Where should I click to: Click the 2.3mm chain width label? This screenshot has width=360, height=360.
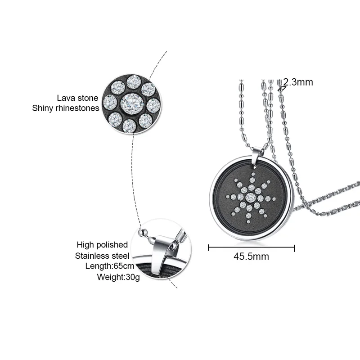click(298, 82)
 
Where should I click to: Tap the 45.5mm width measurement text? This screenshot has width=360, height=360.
click(251, 257)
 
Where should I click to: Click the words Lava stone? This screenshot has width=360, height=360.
click(78, 98)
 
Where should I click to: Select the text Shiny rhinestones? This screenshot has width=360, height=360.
click(66, 108)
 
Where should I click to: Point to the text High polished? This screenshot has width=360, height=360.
click(102, 245)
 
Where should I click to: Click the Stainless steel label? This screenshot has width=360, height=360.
click(101, 256)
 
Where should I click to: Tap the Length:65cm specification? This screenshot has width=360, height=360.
click(107, 266)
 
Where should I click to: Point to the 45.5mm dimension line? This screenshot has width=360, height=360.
click(251, 247)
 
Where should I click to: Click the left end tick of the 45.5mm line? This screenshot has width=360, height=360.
click(209, 247)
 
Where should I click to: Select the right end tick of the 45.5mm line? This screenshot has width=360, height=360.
click(294, 247)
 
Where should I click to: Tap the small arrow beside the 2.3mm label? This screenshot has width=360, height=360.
click(282, 88)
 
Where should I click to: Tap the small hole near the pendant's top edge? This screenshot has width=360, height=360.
click(256, 171)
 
